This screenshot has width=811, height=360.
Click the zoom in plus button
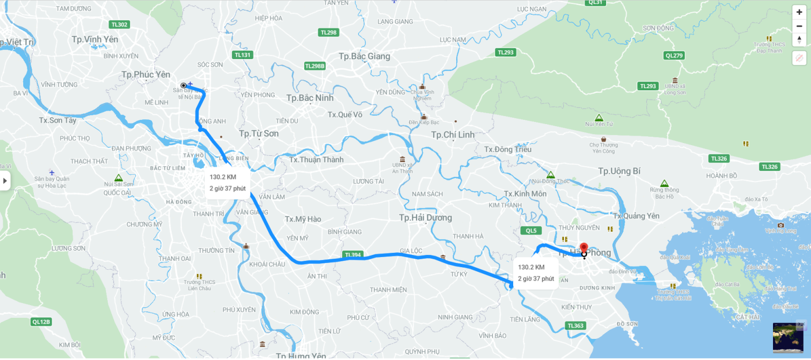(x=799, y=12)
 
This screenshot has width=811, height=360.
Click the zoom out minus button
(x=799, y=26)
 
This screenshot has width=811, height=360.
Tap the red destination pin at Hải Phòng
(x=583, y=249)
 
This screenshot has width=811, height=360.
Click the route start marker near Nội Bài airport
(x=183, y=85)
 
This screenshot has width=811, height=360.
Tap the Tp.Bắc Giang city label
(x=364, y=56)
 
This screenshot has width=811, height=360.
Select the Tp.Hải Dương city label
(x=426, y=217)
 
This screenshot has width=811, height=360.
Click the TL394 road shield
(x=353, y=254)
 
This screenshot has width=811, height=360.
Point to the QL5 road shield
(x=531, y=231)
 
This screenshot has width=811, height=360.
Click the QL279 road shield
(x=674, y=55)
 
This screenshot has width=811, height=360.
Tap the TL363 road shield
(x=575, y=326)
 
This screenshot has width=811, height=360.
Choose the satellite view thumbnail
(x=788, y=337)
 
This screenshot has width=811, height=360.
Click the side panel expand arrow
(x=5, y=181)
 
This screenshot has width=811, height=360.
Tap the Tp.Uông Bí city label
(x=619, y=171)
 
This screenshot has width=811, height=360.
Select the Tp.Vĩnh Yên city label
(x=95, y=40)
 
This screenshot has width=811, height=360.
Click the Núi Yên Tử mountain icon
(x=599, y=118)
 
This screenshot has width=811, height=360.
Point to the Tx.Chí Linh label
(x=452, y=135)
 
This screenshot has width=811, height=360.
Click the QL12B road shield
(x=41, y=322)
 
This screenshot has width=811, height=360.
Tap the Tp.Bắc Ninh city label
(x=310, y=98)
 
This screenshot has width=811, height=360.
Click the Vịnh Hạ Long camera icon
(x=781, y=225)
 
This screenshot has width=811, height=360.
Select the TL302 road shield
(x=119, y=25)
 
